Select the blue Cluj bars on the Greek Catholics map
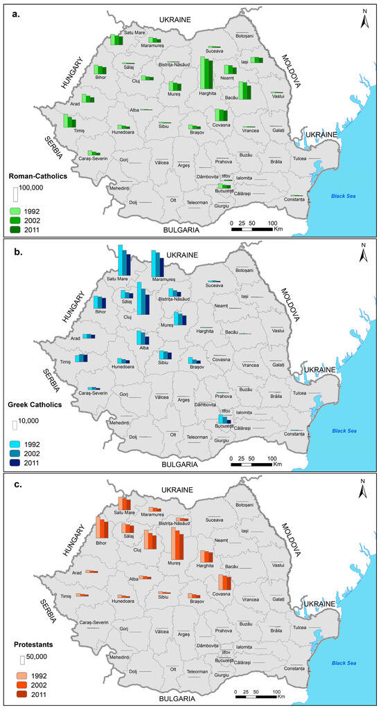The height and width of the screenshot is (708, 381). [143, 299]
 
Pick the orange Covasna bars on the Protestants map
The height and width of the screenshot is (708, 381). [224, 581]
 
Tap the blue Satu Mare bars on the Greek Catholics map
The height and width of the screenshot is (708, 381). [123, 261]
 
